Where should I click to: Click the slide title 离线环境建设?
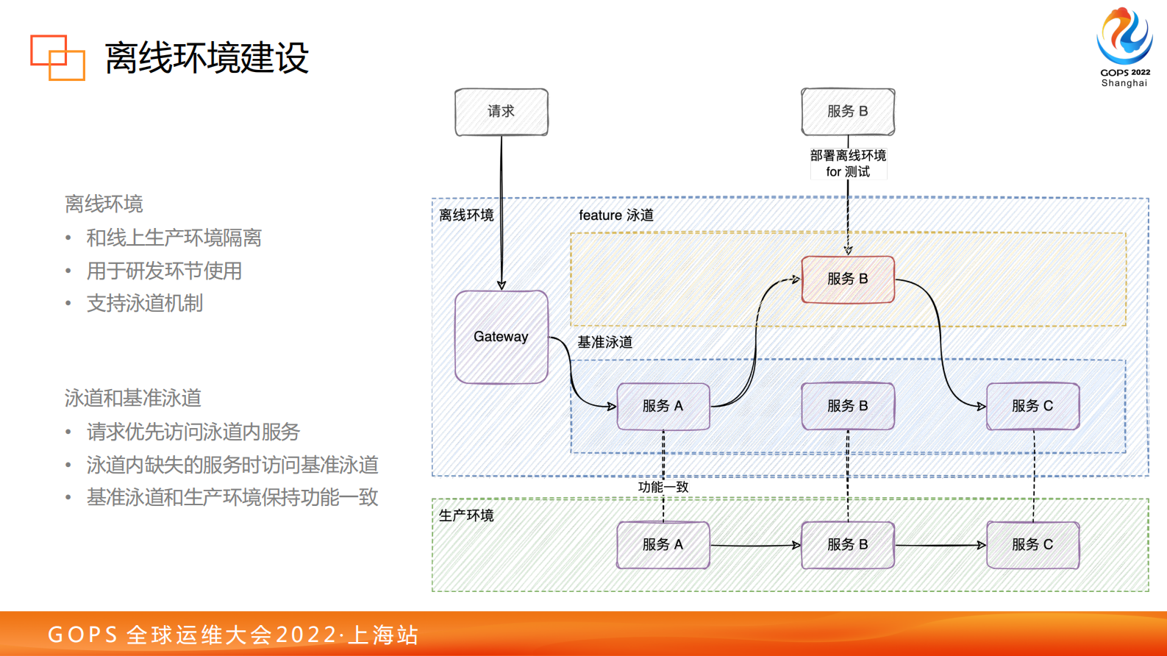tap(207, 58)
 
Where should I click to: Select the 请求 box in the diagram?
tap(502, 112)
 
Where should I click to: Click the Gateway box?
tap(502, 337)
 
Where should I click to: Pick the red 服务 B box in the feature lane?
tap(848, 279)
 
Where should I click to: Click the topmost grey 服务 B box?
tap(848, 112)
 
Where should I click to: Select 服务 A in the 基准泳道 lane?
tap(663, 406)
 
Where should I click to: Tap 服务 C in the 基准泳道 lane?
tap(1032, 406)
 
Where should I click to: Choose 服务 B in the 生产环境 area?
tap(848, 545)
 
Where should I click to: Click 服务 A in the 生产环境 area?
tap(663, 545)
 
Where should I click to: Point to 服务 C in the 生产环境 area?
tap(1032, 545)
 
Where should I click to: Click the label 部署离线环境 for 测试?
tap(848, 163)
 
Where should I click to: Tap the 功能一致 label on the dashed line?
tap(663, 487)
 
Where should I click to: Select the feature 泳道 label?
tap(616, 215)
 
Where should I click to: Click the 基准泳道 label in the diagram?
tap(604, 343)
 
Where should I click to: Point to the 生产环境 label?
tap(466, 516)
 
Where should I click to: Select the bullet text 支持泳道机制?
tap(145, 304)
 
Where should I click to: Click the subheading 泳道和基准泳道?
tap(133, 399)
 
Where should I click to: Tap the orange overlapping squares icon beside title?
tap(57, 57)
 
